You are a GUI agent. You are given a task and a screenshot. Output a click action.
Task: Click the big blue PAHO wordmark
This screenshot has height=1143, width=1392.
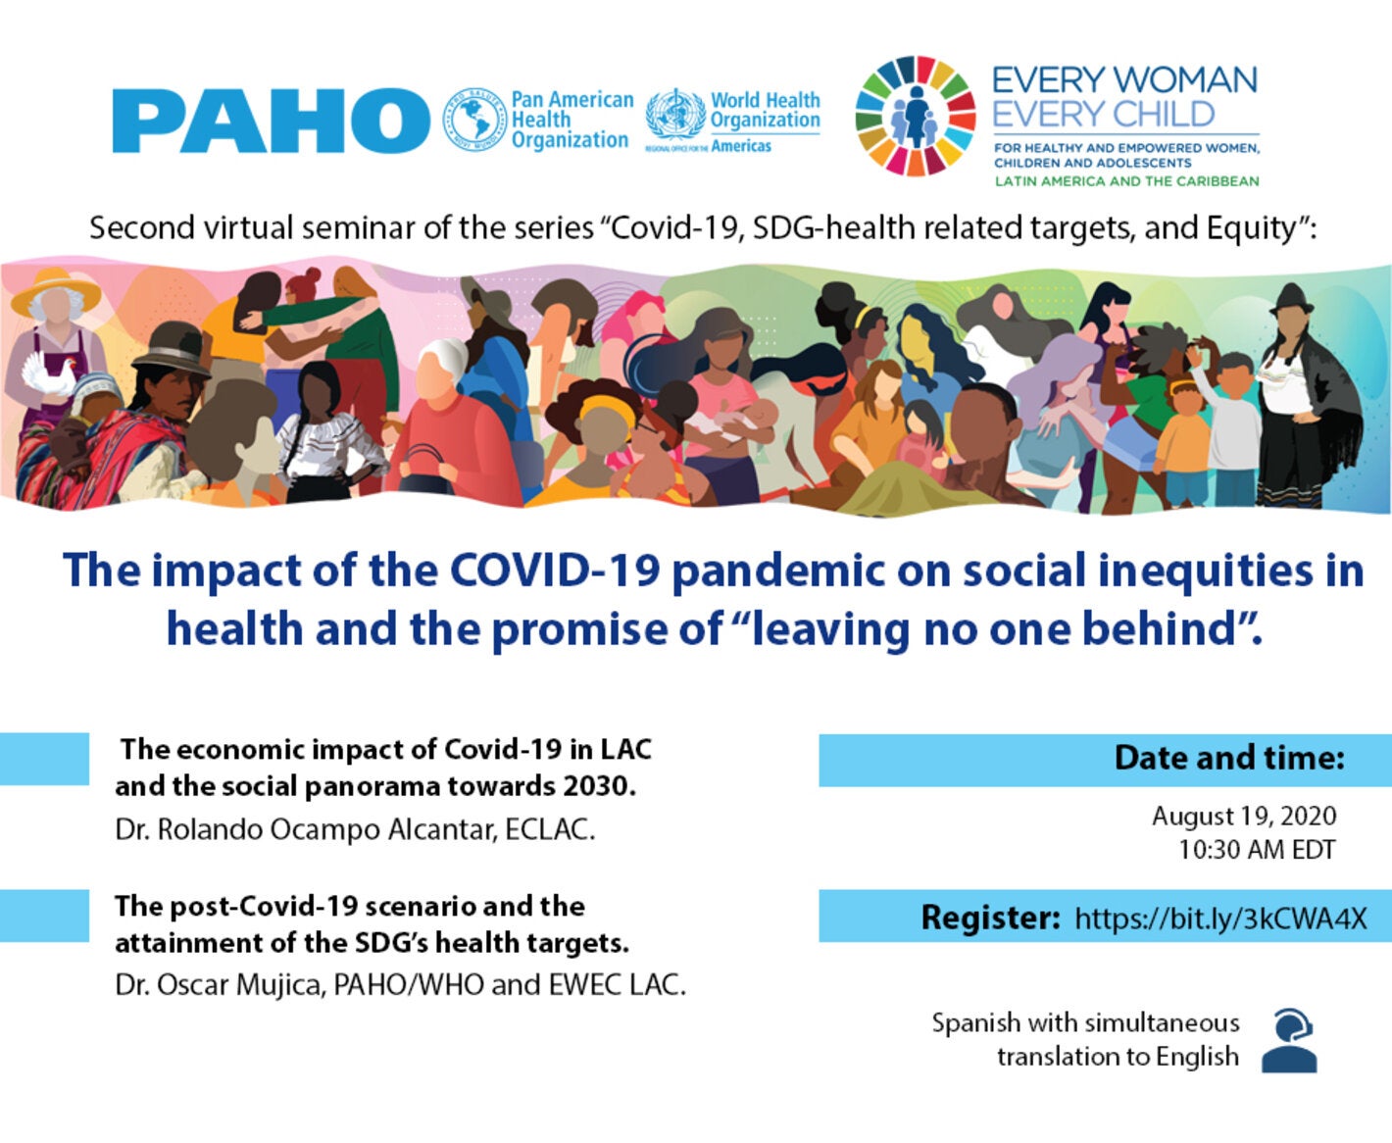(x=271, y=121)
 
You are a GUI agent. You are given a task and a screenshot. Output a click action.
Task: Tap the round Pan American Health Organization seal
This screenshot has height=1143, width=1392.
(x=473, y=120)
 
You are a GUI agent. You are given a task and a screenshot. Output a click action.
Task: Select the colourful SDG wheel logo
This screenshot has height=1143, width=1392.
(x=915, y=116)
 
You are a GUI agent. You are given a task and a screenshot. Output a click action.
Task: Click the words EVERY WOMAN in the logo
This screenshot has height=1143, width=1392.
(x=1124, y=80)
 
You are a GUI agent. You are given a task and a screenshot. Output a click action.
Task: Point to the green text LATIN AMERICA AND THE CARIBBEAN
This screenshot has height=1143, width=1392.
(x=1126, y=180)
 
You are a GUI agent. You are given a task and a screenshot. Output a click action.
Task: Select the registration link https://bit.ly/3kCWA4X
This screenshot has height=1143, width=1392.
(x=1220, y=918)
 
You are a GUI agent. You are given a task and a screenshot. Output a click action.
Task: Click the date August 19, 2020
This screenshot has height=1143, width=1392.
(x=1244, y=817)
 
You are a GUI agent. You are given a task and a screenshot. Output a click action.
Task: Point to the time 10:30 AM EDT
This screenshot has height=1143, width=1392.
(x=1257, y=849)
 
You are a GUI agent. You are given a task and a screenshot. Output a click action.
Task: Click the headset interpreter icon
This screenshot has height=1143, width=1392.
(x=1290, y=1040)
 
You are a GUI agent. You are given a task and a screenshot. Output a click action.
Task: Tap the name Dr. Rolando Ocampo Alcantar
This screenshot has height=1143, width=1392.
(x=306, y=830)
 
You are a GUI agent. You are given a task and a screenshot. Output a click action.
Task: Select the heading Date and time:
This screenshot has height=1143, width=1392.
(x=1229, y=758)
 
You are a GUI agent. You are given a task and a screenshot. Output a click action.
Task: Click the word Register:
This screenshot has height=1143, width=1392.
(x=990, y=918)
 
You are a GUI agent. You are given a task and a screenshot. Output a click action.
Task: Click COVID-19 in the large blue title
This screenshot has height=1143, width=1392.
(x=555, y=570)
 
